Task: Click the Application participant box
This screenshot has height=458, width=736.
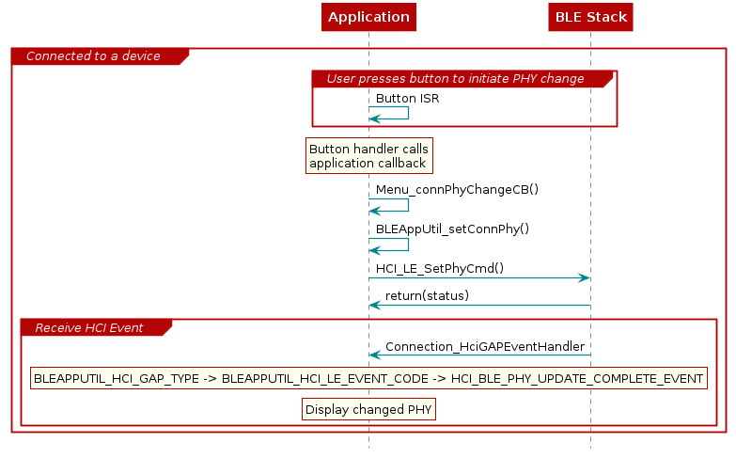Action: click(368, 17)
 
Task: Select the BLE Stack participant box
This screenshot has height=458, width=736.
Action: click(590, 17)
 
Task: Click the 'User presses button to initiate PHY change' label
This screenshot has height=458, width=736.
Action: click(455, 78)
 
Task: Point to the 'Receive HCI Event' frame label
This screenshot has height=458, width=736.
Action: click(88, 327)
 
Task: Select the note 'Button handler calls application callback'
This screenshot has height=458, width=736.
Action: click(368, 156)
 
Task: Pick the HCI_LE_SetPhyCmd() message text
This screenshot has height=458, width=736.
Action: click(439, 268)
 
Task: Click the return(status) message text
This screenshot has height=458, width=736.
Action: click(427, 295)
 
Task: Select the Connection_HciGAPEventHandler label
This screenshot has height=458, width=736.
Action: click(484, 346)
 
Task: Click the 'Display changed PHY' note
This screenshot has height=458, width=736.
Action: click(369, 409)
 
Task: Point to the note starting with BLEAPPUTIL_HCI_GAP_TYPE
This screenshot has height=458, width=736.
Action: click(368, 379)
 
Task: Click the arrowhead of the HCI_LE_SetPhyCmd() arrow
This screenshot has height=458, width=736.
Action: click(584, 277)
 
